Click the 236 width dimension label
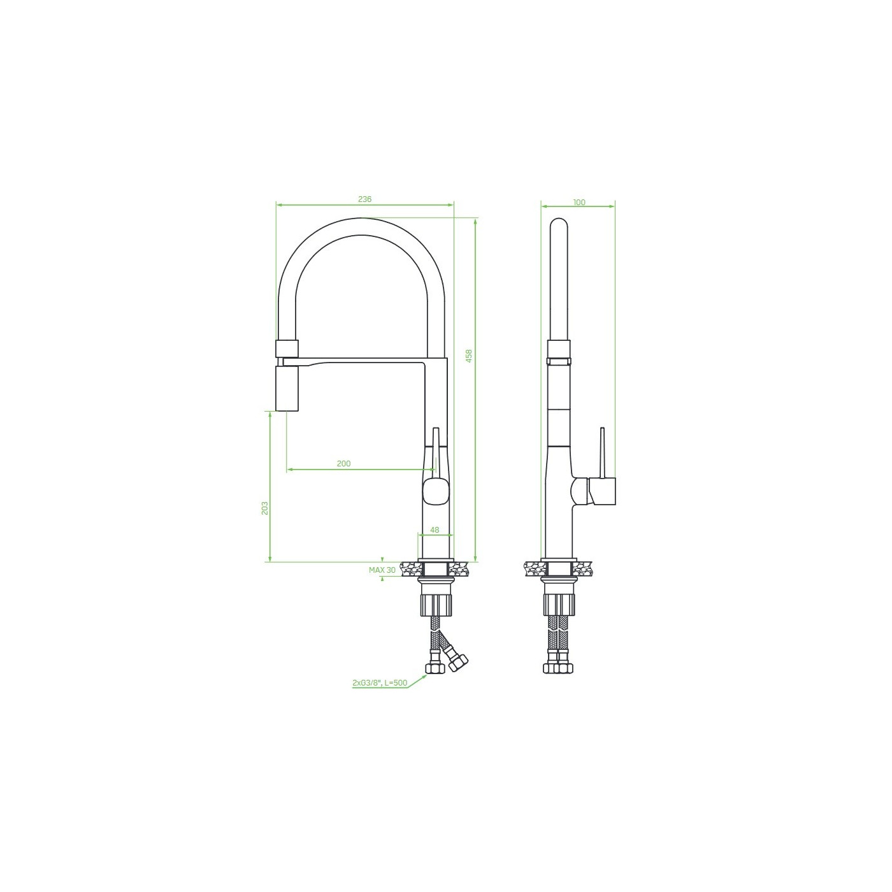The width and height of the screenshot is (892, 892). pos(364,199)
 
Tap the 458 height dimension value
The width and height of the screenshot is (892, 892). pos(469,356)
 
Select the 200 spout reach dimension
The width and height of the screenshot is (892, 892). pos(343,463)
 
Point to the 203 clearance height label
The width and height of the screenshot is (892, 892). pos(265,508)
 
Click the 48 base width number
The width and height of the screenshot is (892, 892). pos(435,530)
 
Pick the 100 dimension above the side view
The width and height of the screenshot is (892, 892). pos(579,202)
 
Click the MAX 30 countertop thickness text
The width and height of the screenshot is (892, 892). pos(382,570)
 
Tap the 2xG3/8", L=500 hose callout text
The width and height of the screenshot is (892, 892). pos(380,683)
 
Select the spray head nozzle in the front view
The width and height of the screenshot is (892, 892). pos(287,388)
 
